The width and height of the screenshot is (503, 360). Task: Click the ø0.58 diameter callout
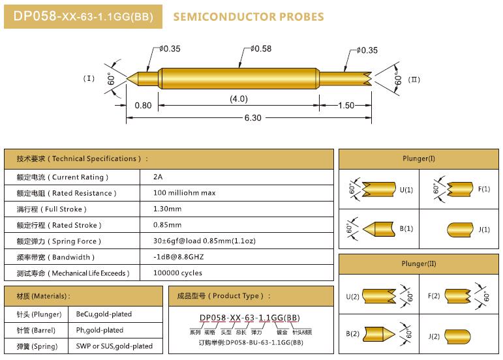tap(261, 49)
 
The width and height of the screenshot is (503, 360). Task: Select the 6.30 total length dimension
tap(252, 118)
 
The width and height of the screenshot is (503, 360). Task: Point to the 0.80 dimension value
tap(143, 106)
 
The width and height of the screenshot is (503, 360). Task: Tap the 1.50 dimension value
tap(346, 106)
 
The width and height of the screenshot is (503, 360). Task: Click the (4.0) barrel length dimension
tap(239, 98)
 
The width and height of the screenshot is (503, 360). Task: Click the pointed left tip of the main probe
tap(127, 78)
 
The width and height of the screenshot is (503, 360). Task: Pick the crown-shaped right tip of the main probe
tap(369, 79)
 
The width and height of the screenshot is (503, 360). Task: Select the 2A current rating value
tap(158, 177)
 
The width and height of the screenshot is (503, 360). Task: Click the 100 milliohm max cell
tap(184, 193)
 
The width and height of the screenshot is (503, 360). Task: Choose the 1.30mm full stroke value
tap(167, 209)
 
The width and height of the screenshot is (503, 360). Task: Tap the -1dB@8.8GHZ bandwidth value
tap(178, 257)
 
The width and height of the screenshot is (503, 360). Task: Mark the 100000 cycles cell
tap(177, 273)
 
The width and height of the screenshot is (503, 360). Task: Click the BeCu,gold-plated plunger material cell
tap(104, 314)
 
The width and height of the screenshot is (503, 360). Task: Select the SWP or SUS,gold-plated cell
tap(114, 346)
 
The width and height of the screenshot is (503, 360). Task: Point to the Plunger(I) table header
tap(419, 158)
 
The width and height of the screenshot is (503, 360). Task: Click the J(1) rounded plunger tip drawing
tap(460, 230)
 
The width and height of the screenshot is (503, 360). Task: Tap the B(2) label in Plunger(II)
tap(352, 334)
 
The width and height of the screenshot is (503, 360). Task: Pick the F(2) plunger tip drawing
tap(458, 296)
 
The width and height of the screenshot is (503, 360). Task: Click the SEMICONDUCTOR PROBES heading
tap(249, 17)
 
